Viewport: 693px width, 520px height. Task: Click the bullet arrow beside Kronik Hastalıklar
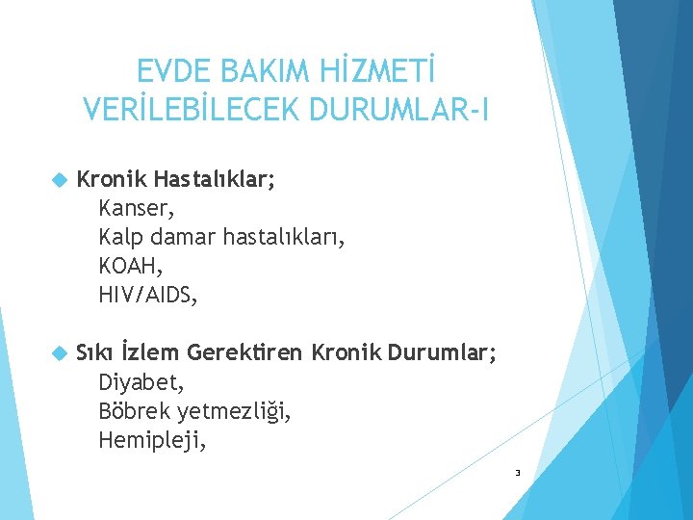60,180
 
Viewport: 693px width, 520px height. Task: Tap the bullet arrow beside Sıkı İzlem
60,353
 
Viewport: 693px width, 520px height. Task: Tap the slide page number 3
518,473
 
